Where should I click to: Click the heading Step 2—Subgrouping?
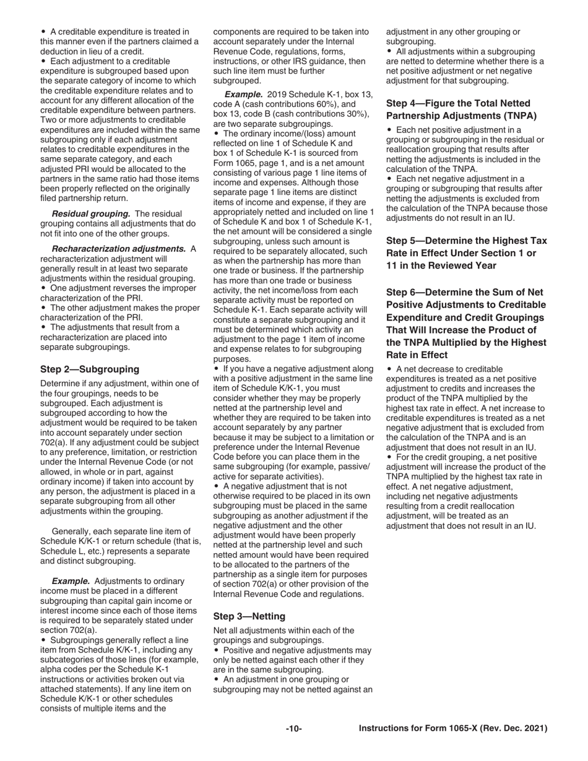[90, 369]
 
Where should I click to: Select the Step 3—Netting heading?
[249, 616]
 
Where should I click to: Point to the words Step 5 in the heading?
[405, 240]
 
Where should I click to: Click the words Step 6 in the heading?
[405, 292]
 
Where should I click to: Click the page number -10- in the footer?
[293, 729]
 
